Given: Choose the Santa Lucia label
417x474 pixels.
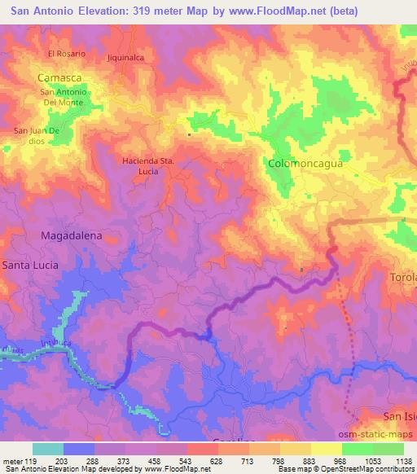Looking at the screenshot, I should click(30, 265).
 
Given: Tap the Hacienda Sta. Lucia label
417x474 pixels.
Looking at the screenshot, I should click(147, 166).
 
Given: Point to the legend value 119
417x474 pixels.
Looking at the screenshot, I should click(31, 460).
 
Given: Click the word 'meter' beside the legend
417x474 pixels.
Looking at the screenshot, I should click(11, 460).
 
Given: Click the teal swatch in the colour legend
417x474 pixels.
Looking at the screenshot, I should click(48, 449).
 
